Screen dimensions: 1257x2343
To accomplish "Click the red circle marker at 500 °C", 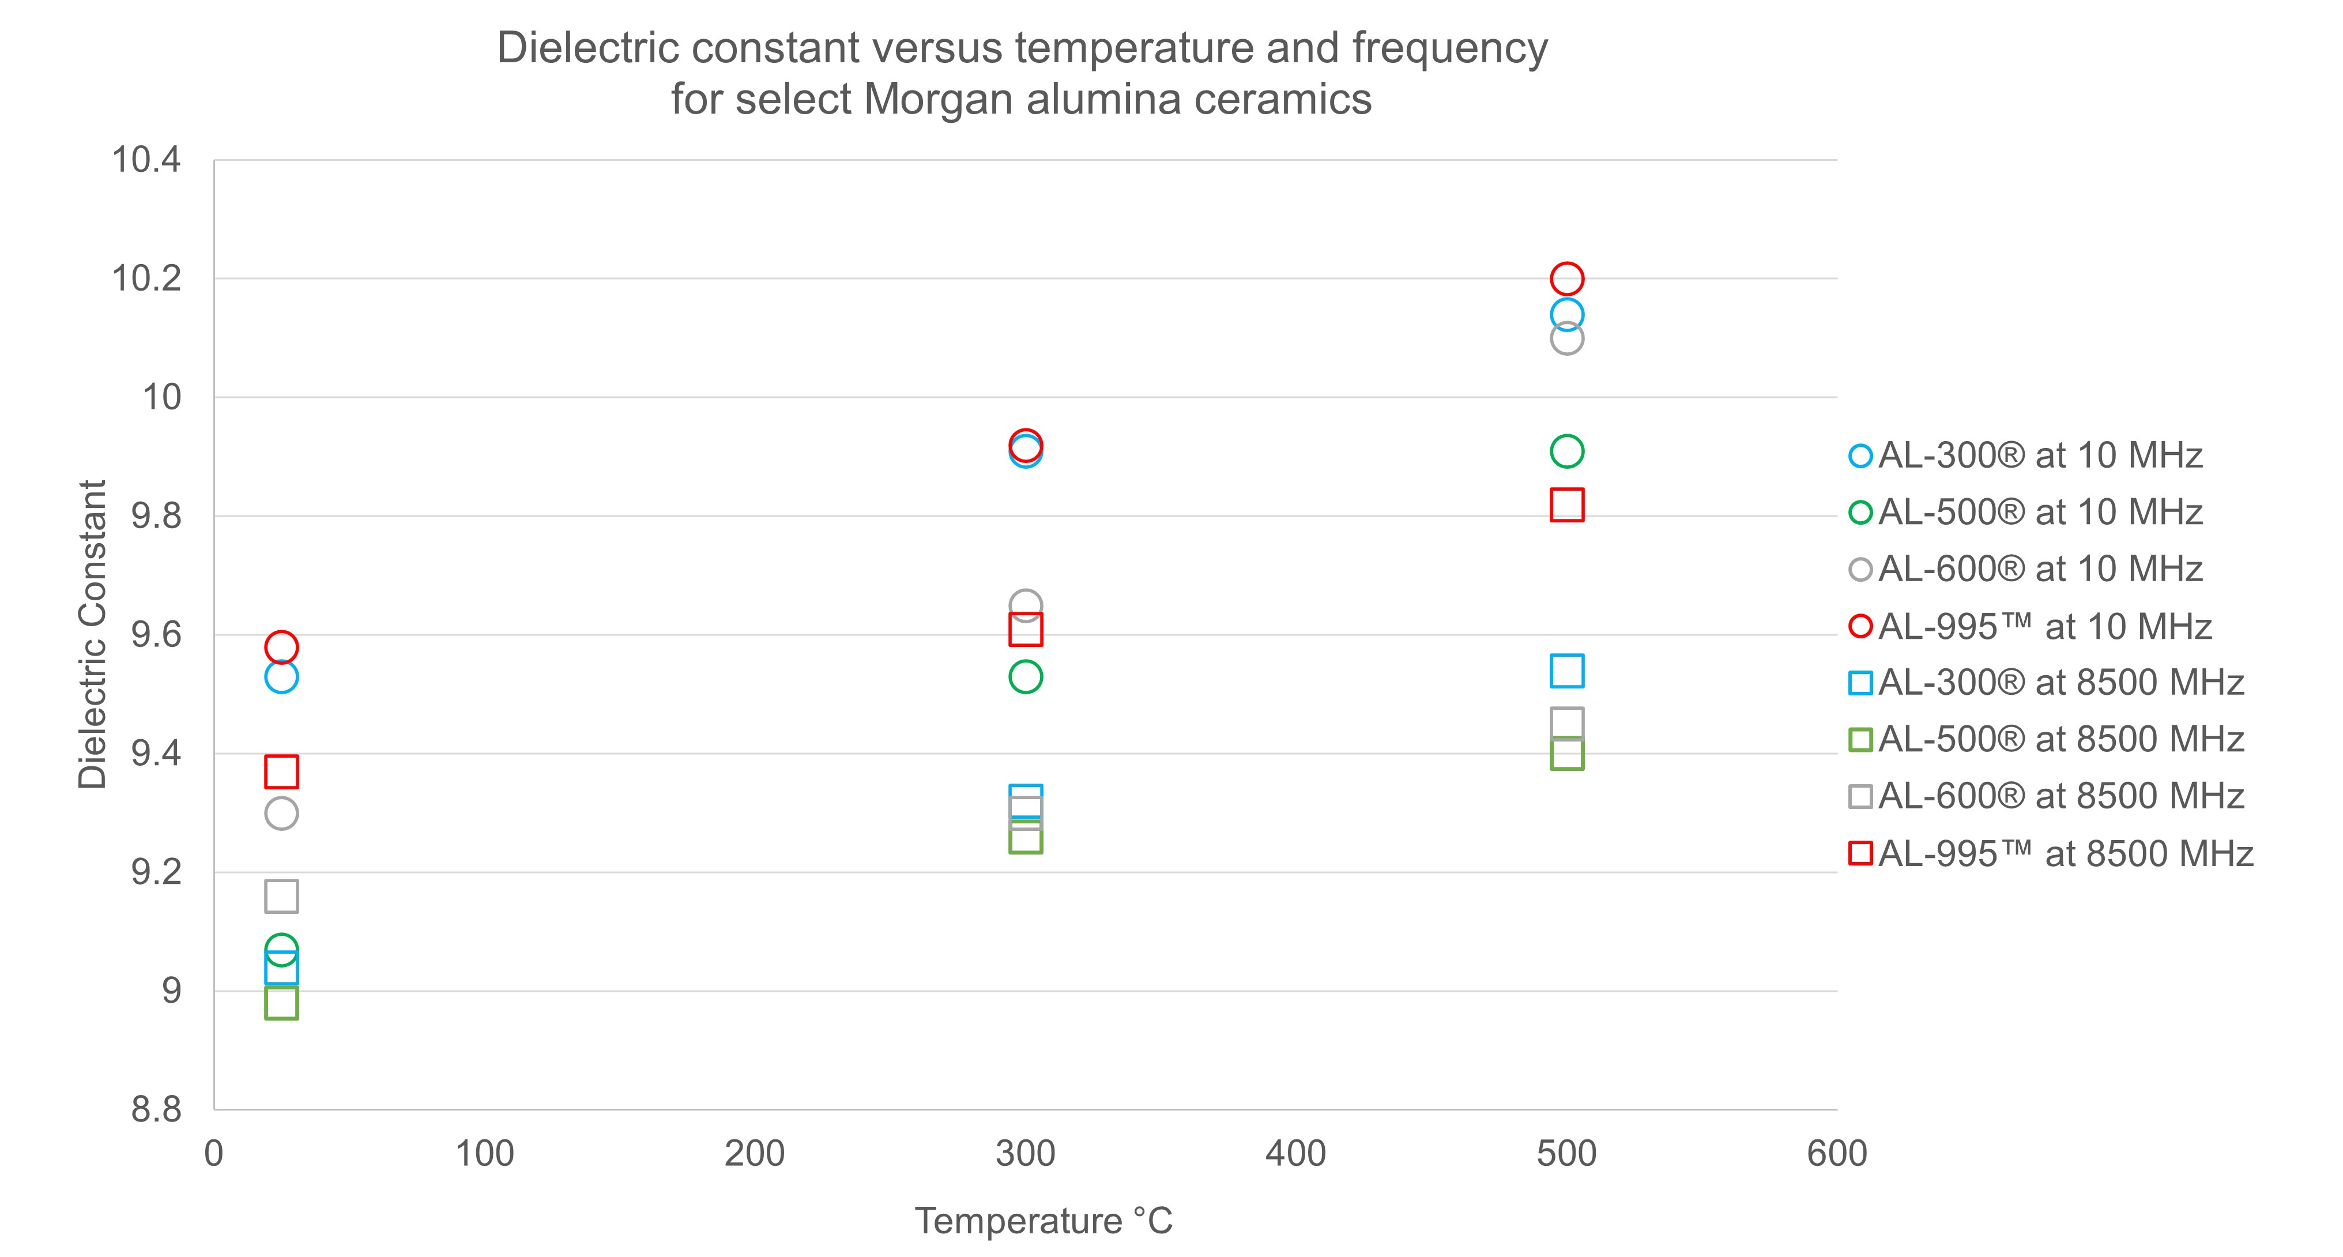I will click(1566, 279).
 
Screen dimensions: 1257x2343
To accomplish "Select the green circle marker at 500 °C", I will click(1566, 451).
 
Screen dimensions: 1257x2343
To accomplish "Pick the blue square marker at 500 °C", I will click(1566, 671).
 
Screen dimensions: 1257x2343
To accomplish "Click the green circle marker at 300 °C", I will click(1025, 677).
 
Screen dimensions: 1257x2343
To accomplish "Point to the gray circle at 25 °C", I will click(281, 813).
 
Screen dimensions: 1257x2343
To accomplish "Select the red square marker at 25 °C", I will click(281, 772).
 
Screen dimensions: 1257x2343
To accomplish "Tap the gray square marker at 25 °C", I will click(281, 897).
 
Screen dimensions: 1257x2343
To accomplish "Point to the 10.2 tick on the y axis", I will click(145, 279).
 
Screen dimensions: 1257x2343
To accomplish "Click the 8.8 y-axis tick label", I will click(156, 1109).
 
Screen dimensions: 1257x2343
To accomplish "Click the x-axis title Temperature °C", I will click(1044, 1221).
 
